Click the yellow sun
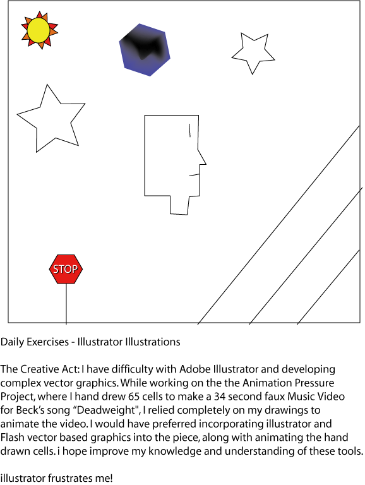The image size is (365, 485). [x=39, y=30]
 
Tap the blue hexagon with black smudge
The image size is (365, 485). [x=145, y=49]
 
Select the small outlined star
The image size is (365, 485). [x=253, y=53]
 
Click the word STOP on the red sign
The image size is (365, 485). [x=65, y=269]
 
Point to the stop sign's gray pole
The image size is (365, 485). [x=66, y=304]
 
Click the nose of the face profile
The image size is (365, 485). [x=202, y=158]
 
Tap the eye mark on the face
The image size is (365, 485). [x=189, y=130]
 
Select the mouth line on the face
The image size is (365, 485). [x=194, y=175]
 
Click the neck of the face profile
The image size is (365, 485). [x=179, y=205]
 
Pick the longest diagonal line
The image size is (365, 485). [x=278, y=225]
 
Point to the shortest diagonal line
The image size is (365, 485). [x=328, y=287]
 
